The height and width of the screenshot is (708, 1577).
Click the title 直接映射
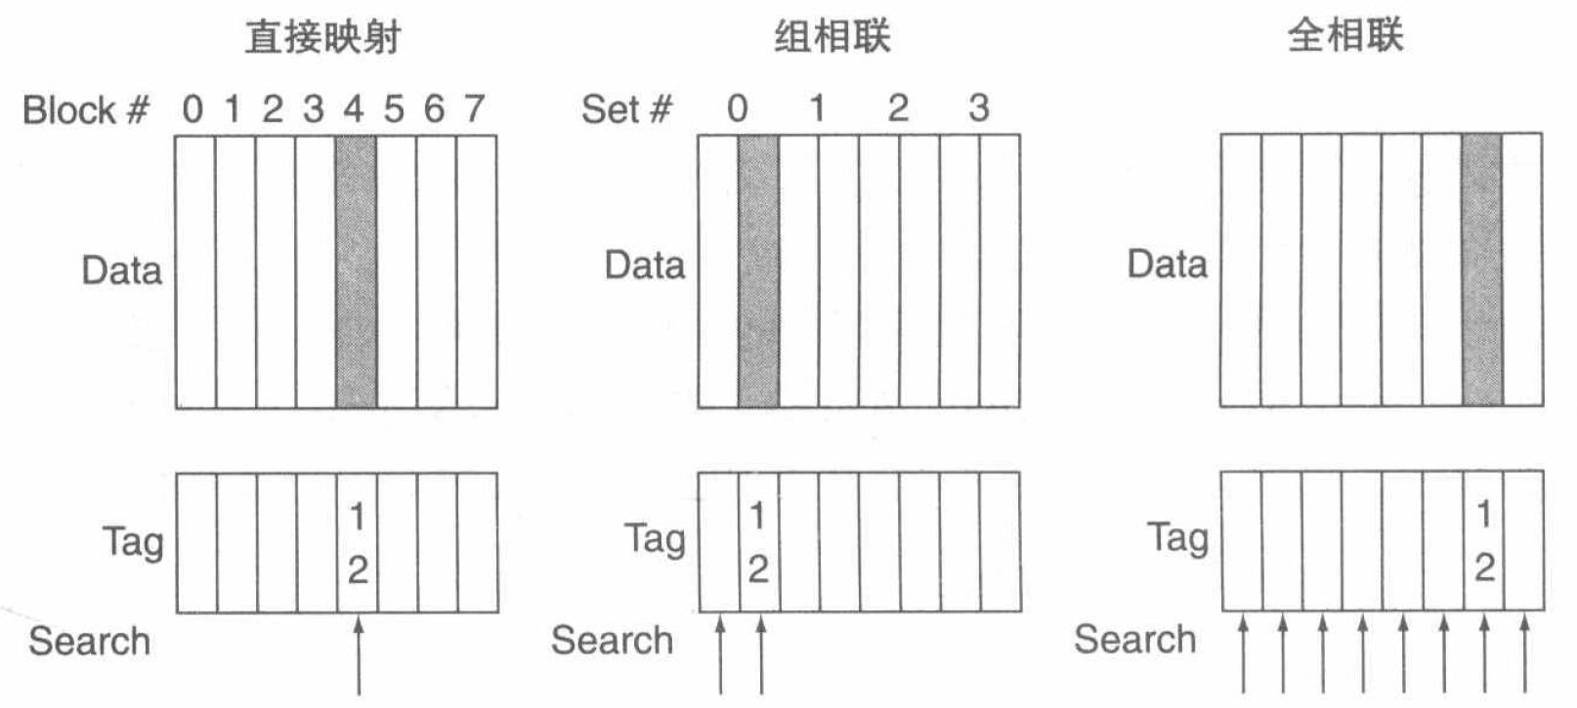tap(322, 37)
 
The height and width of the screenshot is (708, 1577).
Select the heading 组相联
tap(832, 37)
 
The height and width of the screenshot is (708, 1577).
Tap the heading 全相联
tap(1345, 36)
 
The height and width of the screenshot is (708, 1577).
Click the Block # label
tap(86, 110)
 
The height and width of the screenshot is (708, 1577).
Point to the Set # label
tap(626, 109)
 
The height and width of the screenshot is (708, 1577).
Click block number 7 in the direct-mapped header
tap(475, 108)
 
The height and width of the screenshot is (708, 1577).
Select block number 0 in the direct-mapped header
tap(192, 109)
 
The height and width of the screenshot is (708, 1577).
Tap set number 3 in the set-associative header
tap(978, 108)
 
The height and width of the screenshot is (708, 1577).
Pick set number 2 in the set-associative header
tap(898, 108)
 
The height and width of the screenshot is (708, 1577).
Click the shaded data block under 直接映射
tap(356, 271)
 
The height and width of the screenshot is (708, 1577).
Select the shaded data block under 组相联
tap(758, 271)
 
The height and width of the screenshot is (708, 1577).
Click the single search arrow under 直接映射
tap(359, 654)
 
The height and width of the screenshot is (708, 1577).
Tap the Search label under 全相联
tap(1134, 640)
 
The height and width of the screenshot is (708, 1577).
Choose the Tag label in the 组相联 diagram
tap(655, 539)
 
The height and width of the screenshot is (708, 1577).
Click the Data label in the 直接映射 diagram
tap(121, 271)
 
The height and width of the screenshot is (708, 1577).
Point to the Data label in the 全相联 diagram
tap(1167, 265)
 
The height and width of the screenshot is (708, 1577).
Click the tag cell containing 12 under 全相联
tap(1483, 541)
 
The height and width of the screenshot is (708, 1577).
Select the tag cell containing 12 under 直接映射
tap(357, 543)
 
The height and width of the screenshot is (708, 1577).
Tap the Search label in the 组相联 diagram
tap(612, 641)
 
